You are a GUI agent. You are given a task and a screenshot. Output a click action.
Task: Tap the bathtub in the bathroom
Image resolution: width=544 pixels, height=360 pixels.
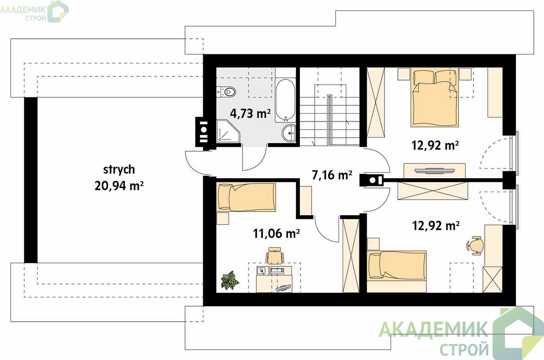[x=285, y=100]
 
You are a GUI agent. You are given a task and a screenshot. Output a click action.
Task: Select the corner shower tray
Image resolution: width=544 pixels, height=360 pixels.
[x=228, y=131]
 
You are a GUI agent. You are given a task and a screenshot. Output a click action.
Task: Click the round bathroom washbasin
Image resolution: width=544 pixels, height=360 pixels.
[x=289, y=133]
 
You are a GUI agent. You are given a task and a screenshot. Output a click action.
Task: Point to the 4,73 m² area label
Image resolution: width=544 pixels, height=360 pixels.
[x=250, y=113]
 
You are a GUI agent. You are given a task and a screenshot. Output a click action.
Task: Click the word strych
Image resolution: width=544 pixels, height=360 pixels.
[x=119, y=170]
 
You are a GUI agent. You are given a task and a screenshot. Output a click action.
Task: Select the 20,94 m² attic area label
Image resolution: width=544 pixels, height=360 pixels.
[x=119, y=186]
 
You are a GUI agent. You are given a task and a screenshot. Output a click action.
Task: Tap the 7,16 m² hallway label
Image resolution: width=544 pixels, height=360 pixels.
[x=332, y=175]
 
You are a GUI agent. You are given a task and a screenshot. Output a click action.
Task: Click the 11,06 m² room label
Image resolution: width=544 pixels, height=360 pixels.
[x=276, y=234]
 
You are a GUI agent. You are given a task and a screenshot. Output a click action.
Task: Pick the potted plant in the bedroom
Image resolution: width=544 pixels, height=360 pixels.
[x=229, y=280]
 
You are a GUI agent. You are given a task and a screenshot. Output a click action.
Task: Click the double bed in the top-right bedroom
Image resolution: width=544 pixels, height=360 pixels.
[x=435, y=98]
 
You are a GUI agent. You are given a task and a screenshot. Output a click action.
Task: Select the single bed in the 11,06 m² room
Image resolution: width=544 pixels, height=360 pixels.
[x=246, y=197]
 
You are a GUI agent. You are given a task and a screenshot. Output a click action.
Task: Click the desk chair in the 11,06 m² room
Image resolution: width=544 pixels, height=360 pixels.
[x=275, y=256]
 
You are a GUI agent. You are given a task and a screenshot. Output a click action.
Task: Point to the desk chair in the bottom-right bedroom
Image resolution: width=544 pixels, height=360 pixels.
[x=474, y=246]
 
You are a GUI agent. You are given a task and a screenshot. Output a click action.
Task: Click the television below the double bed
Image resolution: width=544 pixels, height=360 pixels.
[x=434, y=171]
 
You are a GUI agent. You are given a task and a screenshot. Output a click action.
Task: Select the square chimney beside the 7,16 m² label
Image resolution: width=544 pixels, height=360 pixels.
[x=371, y=180]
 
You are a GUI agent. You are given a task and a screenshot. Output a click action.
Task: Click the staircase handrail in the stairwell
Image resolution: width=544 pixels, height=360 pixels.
[x=329, y=120]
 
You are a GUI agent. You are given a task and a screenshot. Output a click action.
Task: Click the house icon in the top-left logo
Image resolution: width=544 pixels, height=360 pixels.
[x=58, y=11]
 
